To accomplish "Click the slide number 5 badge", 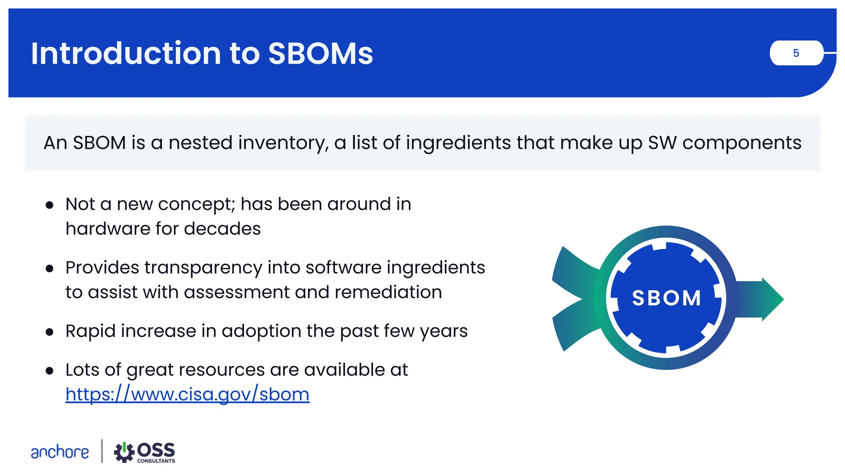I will [x=796, y=53].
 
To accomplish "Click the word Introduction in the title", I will [x=126, y=53].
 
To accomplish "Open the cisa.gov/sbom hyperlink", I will [x=187, y=394].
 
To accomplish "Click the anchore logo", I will [x=60, y=452].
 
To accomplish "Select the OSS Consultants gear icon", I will [x=124, y=452].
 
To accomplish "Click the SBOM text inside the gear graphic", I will [x=666, y=298].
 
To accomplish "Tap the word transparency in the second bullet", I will [x=203, y=267].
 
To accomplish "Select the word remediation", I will [x=388, y=292].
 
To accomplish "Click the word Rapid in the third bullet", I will [x=90, y=331].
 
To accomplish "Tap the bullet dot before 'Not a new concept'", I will [x=50, y=205].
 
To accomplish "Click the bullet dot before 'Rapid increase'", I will [x=50, y=332].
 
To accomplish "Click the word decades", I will [x=222, y=228].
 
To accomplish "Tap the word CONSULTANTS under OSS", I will [x=156, y=461].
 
